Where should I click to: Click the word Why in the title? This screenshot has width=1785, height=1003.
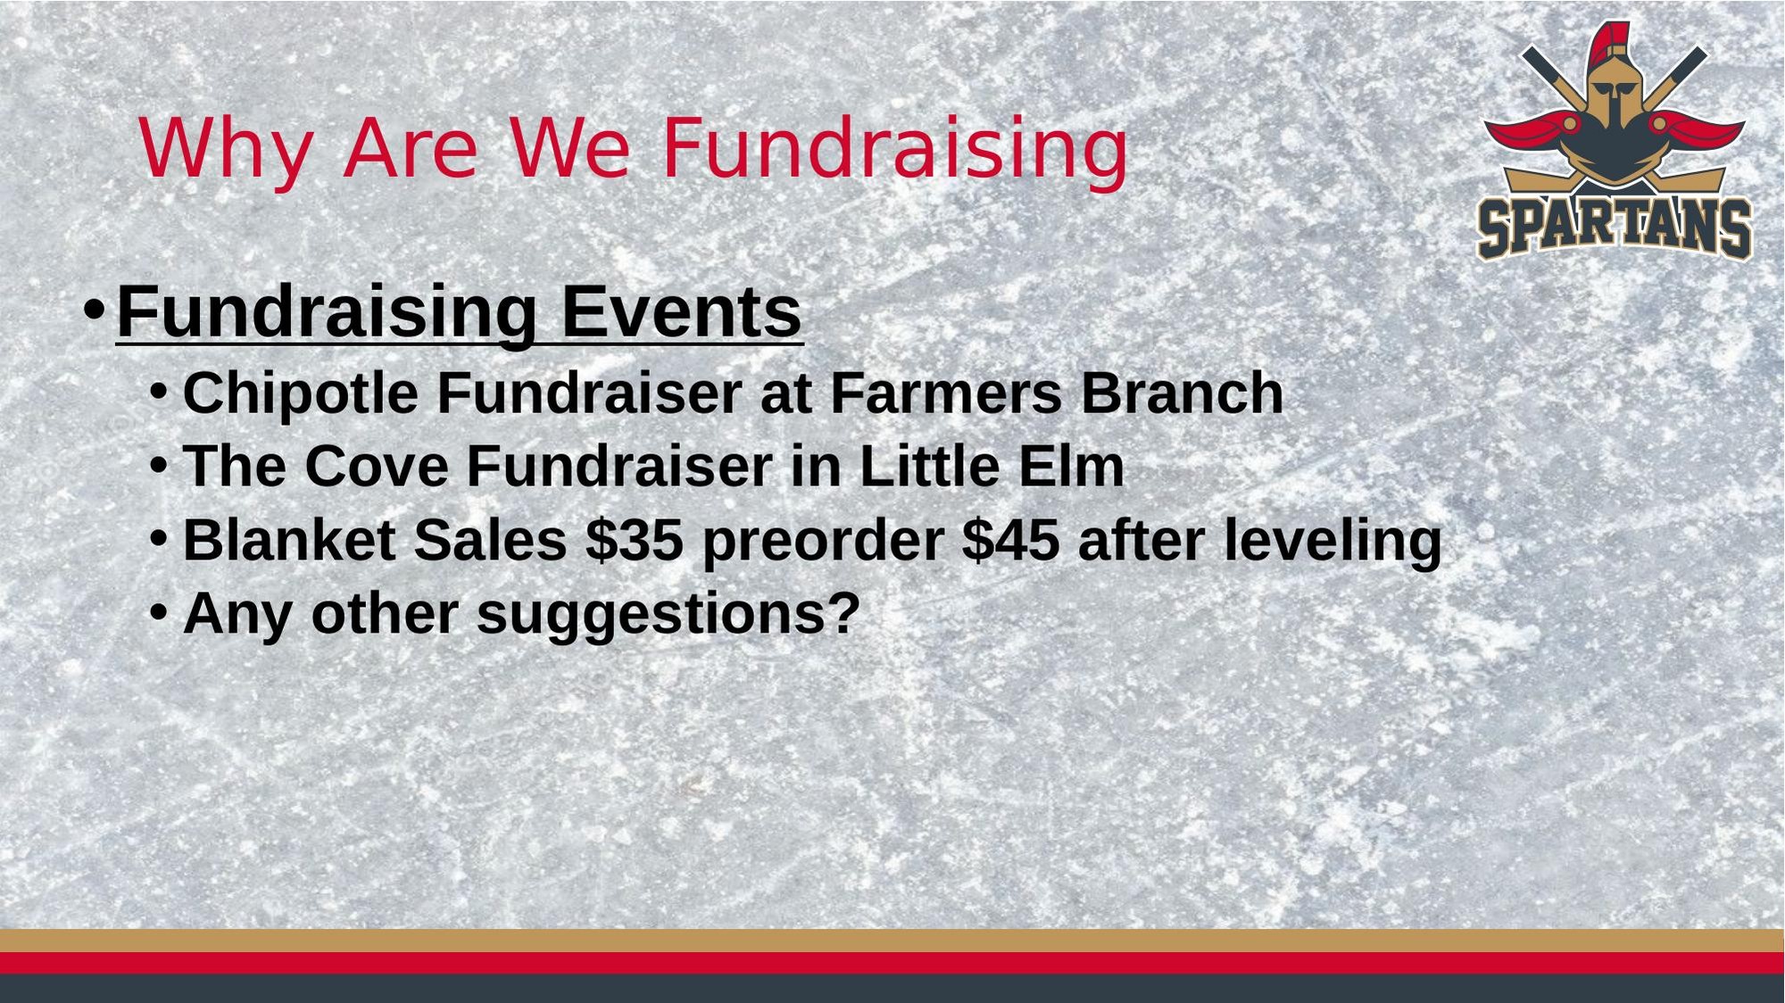(227, 150)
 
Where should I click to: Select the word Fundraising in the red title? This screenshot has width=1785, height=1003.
(895, 149)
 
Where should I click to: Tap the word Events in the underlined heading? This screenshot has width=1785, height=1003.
(681, 311)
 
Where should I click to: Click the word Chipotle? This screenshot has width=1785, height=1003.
(300, 394)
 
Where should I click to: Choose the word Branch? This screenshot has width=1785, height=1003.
(1183, 393)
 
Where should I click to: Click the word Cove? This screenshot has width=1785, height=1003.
(377, 466)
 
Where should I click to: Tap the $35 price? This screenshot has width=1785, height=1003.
(635, 540)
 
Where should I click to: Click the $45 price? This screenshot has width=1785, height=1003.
(1011, 540)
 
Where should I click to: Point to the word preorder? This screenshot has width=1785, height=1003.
(823, 542)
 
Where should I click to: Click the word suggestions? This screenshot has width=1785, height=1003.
(668, 615)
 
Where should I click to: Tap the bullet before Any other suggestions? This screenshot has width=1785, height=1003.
(159, 612)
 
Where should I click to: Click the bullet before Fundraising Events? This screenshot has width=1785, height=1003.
(94, 311)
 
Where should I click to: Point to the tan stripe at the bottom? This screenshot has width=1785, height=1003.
(892, 941)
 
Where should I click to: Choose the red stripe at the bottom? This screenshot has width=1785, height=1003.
(892, 963)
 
